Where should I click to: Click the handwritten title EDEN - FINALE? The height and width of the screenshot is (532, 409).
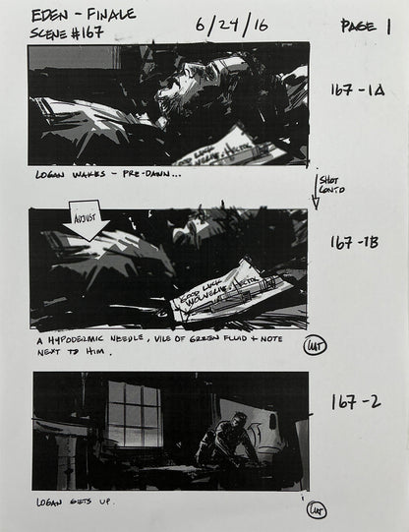pyautogui.click(x=84, y=15)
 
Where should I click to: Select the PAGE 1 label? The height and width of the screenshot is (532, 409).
pyautogui.click(x=365, y=27)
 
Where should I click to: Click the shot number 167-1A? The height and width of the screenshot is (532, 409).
pyautogui.click(x=357, y=89)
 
